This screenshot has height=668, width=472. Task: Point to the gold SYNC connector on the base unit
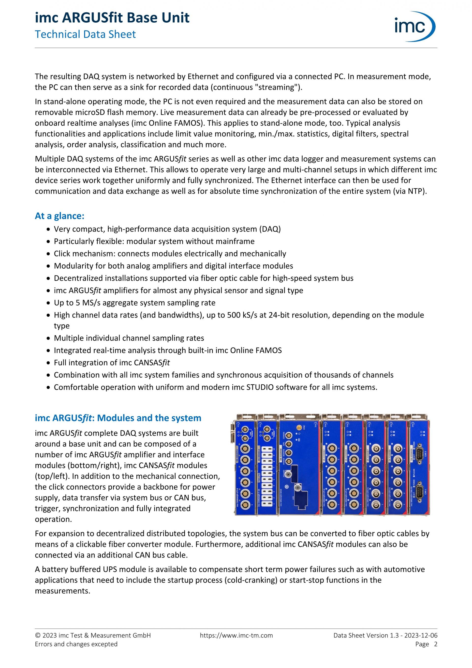click(x=299, y=428)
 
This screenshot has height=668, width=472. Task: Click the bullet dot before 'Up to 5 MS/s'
click(x=49, y=303)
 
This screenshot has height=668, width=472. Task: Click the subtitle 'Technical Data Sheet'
click(x=85, y=34)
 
